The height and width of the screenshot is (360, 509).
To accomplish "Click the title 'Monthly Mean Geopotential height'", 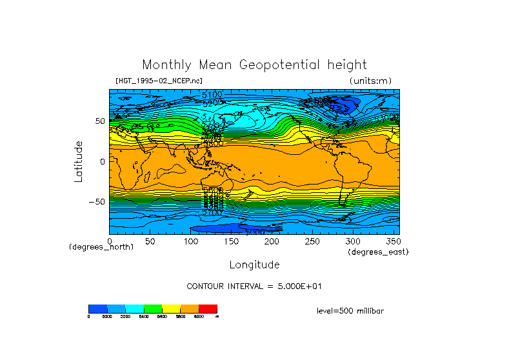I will [x=254, y=65].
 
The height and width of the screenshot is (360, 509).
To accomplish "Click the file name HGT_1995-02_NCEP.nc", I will [x=159, y=81].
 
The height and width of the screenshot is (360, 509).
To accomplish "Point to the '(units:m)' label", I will [x=370, y=81].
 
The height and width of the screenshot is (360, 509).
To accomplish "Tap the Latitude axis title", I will [x=79, y=161].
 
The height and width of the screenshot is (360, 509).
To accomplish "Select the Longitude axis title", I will [x=254, y=265].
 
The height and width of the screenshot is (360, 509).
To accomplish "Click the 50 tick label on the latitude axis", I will [x=99, y=121].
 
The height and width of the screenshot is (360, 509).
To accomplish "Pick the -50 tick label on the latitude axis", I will [x=97, y=202].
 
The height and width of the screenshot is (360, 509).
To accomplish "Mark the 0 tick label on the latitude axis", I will [x=102, y=162].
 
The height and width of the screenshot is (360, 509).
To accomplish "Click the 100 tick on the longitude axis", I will [x=190, y=242].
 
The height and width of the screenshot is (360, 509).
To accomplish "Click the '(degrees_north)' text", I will [x=101, y=247].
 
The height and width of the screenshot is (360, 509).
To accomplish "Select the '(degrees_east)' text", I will [x=378, y=252].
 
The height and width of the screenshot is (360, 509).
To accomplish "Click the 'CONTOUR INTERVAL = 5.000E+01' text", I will [x=254, y=286].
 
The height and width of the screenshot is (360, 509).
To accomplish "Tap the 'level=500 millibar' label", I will [x=350, y=311].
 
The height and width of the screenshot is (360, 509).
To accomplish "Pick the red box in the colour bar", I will [x=208, y=308].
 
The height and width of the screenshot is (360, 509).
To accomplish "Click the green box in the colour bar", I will [x=153, y=308].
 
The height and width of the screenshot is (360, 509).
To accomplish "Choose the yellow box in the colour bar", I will [x=171, y=308].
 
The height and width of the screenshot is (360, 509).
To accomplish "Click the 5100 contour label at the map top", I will [x=212, y=94].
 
